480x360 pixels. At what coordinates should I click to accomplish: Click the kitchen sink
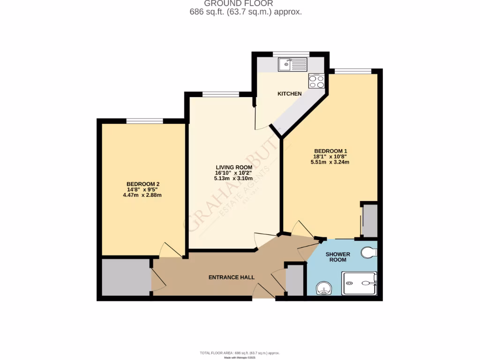[292, 64]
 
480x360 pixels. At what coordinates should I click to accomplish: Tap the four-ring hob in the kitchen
[316, 82]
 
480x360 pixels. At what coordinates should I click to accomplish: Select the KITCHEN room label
[290, 94]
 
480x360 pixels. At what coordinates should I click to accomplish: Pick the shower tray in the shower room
[359, 283]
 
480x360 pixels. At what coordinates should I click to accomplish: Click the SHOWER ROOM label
[338, 257]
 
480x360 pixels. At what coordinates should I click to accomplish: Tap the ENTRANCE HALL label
[232, 277]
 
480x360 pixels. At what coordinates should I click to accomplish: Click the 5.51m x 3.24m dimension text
[330, 162]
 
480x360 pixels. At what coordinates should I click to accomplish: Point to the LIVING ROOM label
[234, 167]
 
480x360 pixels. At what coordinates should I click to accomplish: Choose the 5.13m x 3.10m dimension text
[233, 179]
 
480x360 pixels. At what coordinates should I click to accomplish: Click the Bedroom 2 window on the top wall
[144, 121]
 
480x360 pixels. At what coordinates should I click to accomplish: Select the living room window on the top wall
[221, 94]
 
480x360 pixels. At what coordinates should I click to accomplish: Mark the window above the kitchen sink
[291, 54]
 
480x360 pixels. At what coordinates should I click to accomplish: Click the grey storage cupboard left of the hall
[126, 277]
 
